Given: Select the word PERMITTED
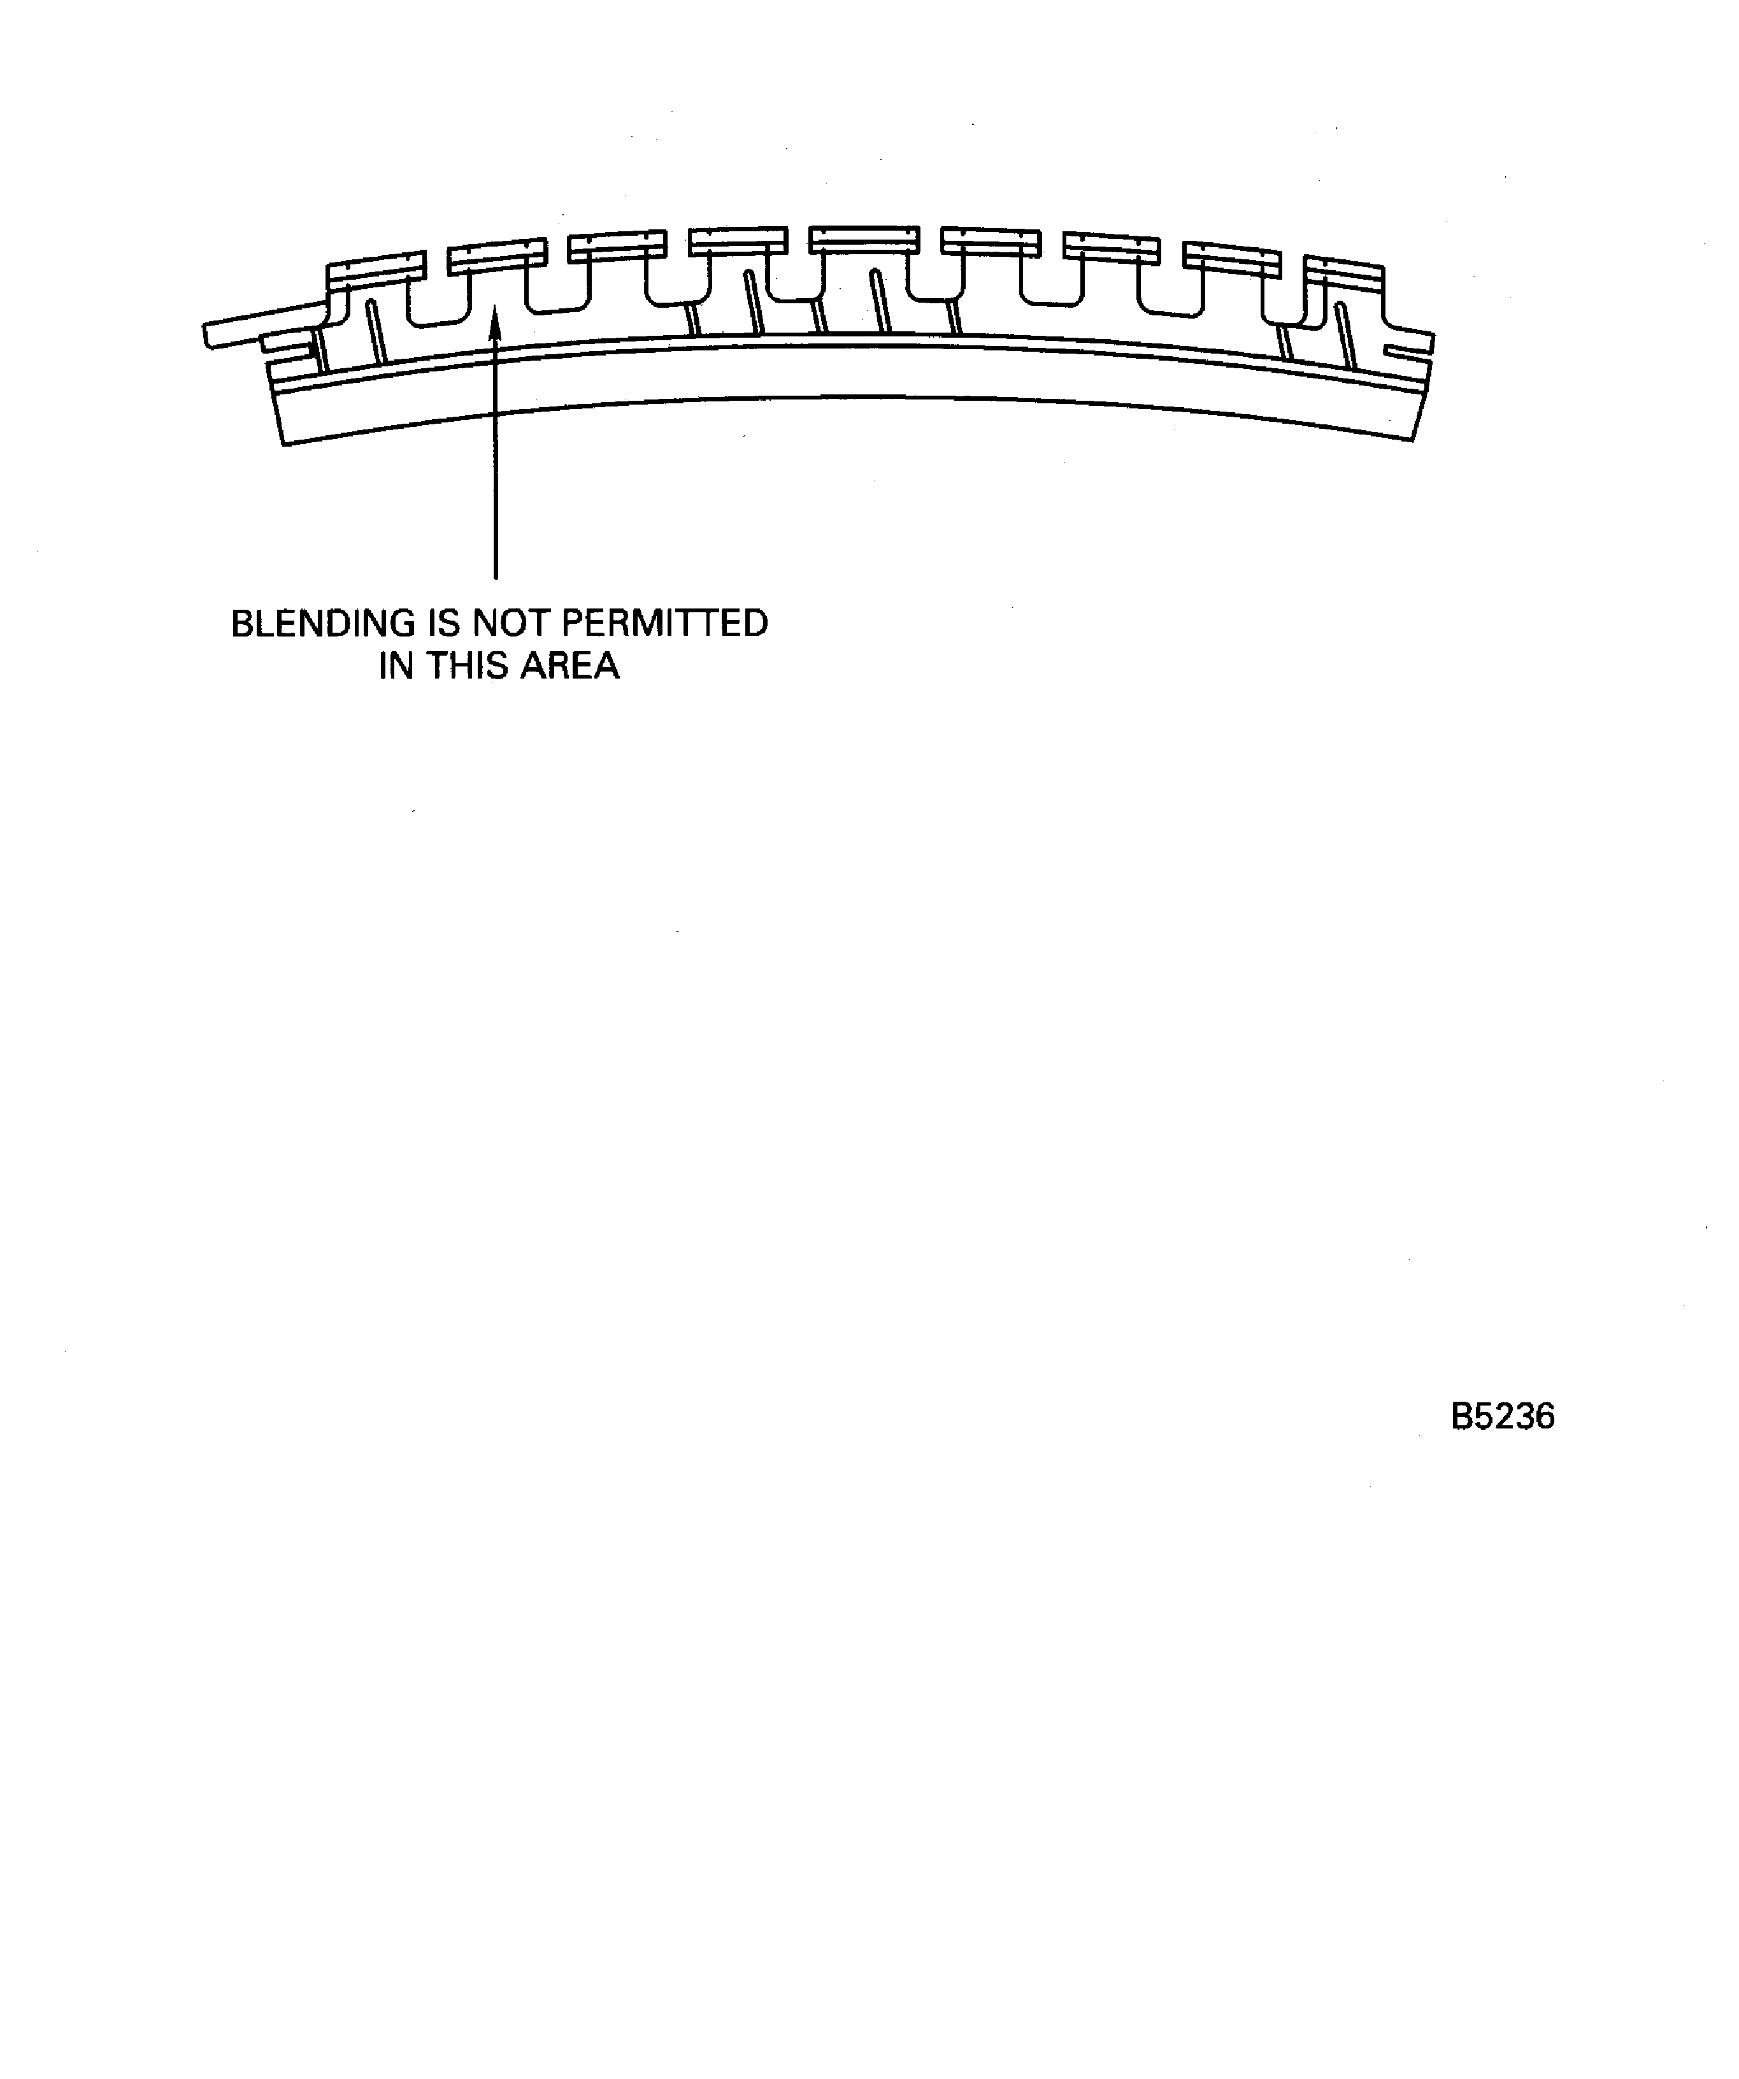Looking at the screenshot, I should tap(664, 624).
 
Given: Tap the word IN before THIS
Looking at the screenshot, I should tap(396, 666).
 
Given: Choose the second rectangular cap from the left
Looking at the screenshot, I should tap(497, 256).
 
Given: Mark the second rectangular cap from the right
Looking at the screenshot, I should tap(1232, 259).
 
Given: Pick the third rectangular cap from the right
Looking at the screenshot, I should tap(1112, 247).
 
